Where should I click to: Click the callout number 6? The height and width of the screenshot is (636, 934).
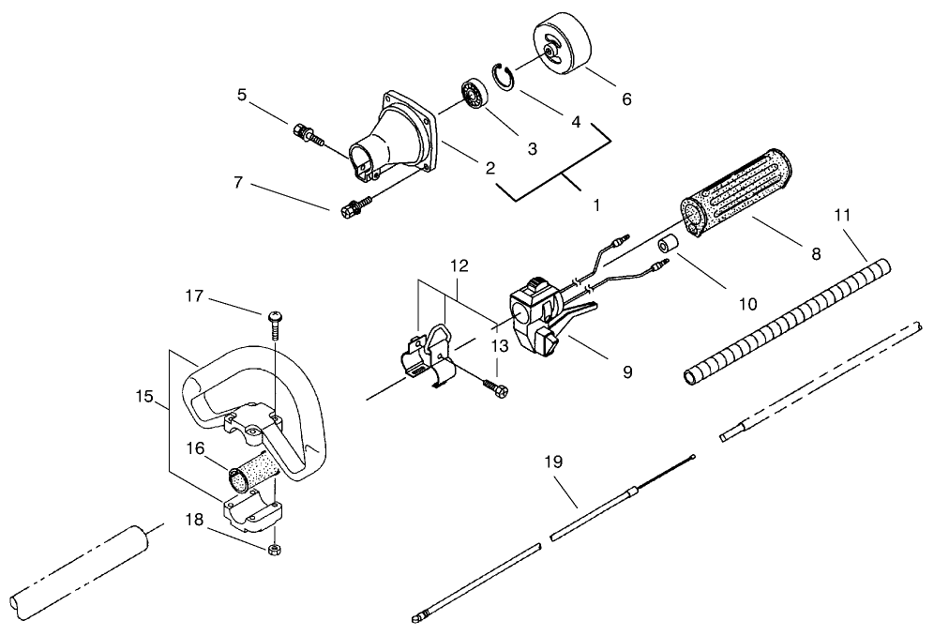pyautogui.click(x=626, y=98)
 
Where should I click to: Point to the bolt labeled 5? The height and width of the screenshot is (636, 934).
pyautogui.click(x=307, y=133)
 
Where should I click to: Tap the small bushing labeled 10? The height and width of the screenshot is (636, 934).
pyautogui.click(x=670, y=246)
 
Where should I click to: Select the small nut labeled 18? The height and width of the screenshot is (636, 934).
pyautogui.click(x=273, y=547)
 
